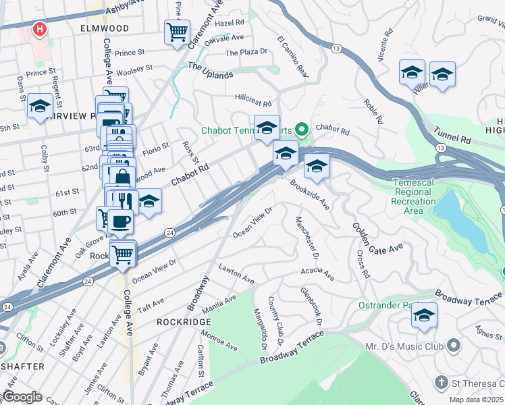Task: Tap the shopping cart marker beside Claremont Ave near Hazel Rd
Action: pyautogui.click(x=177, y=31)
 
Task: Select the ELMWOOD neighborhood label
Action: pyautogui.click(x=104, y=28)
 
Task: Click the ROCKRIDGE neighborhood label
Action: pyautogui.click(x=184, y=322)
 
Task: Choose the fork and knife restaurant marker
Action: pyautogui.click(x=122, y=200)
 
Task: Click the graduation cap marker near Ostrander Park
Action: pyautogui.click(x=424, y=315)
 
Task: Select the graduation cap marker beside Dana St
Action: pyautogui.click(x=41, y=106)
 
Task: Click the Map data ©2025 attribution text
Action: pyautogui.click(x=476, y=400)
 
